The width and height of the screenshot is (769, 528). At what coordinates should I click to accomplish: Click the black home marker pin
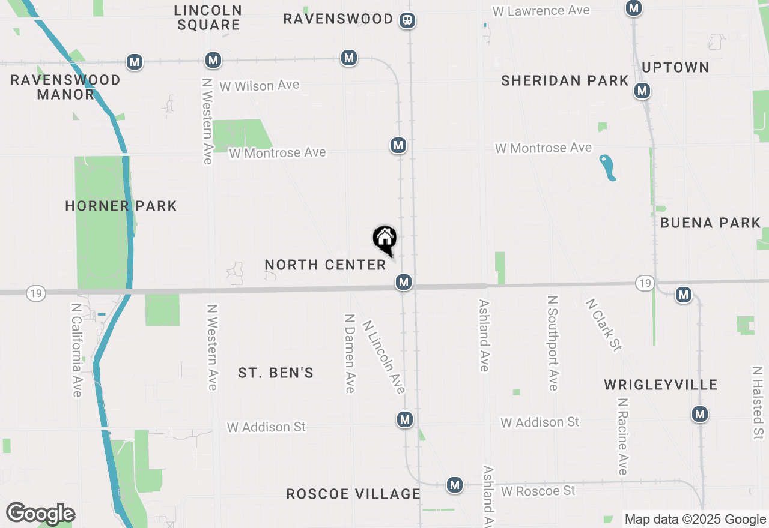[385, 239]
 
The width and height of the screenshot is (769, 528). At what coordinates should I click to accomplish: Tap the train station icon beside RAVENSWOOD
[408, 20]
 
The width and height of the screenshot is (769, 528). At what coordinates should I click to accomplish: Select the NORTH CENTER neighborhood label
[325, 265]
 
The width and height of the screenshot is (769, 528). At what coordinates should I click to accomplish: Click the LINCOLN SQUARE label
[208, 17]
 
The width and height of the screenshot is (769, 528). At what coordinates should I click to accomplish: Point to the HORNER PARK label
[121, 206]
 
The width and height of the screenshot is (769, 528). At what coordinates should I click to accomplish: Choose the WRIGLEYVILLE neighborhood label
[661, 385]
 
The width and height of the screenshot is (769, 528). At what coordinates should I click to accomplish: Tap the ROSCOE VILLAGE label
[353, 494]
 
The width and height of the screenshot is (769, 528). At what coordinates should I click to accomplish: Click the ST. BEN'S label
[276, 373]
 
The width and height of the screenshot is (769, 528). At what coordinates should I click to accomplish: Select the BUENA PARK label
[711, 223]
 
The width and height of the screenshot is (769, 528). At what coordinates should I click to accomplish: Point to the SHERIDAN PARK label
[565, 80]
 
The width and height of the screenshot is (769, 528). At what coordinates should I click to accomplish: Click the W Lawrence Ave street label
[541, 11]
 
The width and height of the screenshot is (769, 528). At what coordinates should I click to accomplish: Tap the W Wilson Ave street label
[260, 86]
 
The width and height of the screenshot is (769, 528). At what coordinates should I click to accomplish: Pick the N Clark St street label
[603, 325]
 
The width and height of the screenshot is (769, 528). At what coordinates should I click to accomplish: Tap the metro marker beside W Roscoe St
[455, 485]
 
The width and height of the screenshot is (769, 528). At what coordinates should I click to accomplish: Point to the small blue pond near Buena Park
[607, 167]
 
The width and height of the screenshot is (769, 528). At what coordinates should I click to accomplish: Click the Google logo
[40, 514]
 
